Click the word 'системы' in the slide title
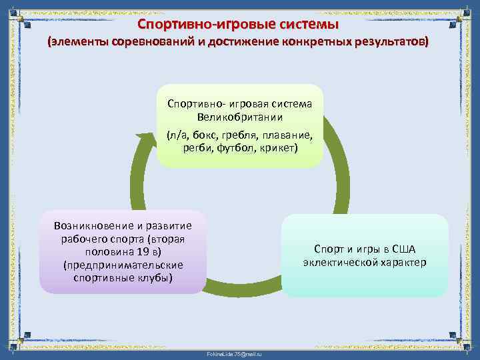pyautogui.click(x=309, y=25)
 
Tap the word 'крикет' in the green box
pyautogui.click(x=279, y=147)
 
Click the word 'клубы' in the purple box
pyautogui.click(x=156, y=277)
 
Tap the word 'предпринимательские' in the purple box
pyautogui.click(x=123, y=264)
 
